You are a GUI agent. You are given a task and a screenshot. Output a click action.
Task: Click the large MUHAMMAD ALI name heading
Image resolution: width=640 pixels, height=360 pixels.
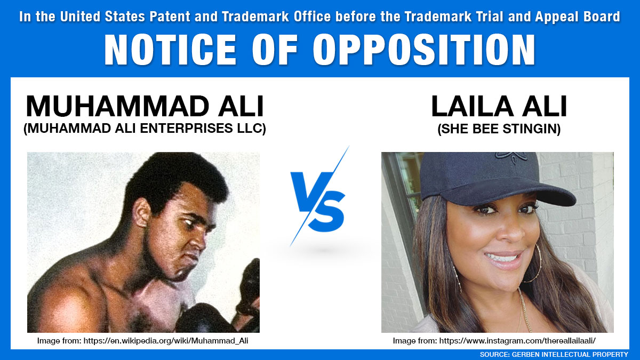[145, 106]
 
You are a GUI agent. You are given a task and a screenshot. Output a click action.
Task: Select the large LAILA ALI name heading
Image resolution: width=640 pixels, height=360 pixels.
[499, 106]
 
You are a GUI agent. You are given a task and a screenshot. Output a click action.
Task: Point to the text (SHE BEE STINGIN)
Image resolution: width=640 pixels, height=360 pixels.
[499, 129]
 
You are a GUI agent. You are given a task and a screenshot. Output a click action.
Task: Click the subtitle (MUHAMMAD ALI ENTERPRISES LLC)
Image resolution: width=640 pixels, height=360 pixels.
[145, 129]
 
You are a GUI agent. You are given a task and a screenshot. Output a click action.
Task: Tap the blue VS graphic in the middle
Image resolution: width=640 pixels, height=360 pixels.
[318, 204]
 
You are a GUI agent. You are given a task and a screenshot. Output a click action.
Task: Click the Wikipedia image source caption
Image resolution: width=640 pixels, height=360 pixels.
[143, 341]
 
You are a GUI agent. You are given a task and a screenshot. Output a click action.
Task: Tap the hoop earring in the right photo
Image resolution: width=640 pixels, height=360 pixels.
[533, 264]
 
